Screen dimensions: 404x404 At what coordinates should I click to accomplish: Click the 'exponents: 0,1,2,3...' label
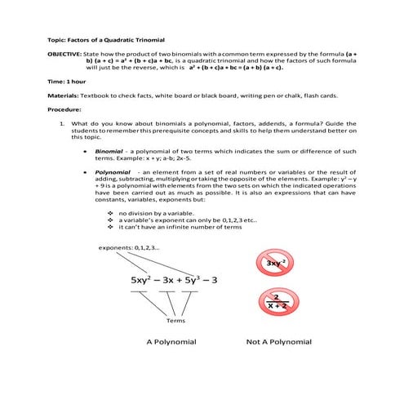click(x=129, y=248)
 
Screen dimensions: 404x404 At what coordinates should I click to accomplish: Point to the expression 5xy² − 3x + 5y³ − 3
click(x=174, y=280)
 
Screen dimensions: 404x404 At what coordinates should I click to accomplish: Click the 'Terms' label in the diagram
click(x=176, y=319)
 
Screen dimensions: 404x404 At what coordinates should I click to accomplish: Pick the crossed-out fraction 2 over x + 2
click(x=278, y=301)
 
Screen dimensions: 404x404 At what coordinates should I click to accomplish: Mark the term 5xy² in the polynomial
click(x=145, y=280)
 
